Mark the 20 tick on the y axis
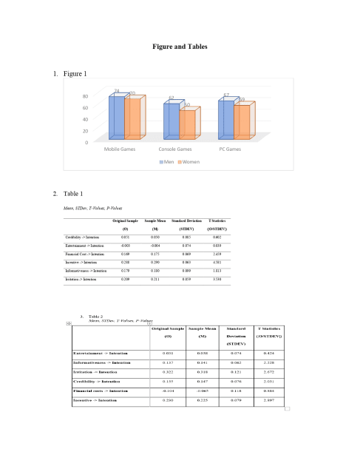(x=86, y=130)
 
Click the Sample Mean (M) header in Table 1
(x=155, y=225)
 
